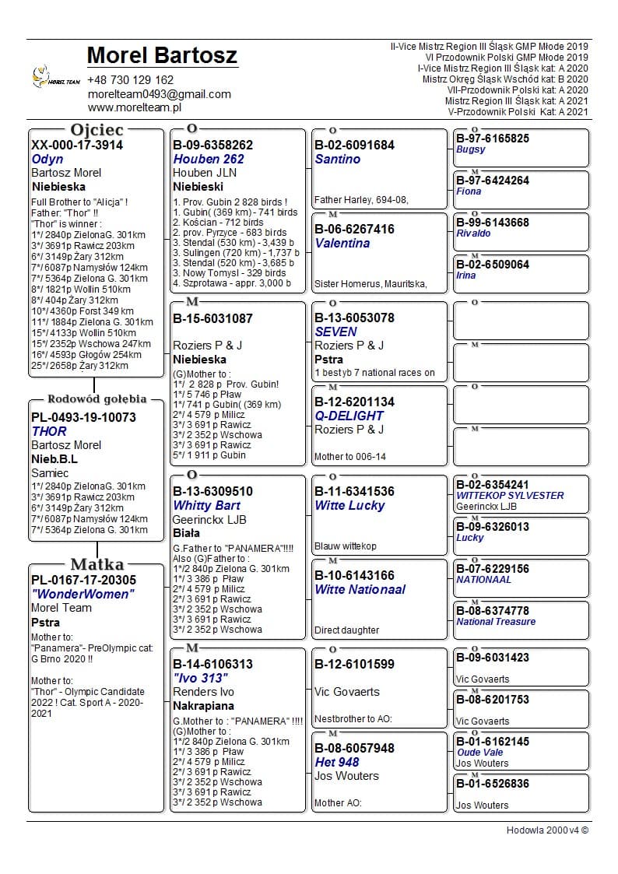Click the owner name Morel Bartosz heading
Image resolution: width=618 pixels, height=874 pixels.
click(x=162, y=56)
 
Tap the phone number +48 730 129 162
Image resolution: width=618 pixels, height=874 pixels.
click(x=131, y=80)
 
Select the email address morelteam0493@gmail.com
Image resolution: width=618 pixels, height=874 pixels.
click(x=159, y=94)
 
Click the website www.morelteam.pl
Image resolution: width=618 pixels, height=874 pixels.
click(x=134, y=107)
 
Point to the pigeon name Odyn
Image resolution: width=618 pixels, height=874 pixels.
click(x=47, y=159)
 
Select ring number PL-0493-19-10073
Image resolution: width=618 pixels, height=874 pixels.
click(x=83, y=417)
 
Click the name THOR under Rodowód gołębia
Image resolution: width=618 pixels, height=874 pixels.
click(x=49, y=431)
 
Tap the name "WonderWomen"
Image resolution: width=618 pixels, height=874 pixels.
click(x=83, y=595)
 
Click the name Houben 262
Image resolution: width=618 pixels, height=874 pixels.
click(x=209, y=159)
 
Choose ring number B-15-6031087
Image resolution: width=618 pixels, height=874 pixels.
click(x=212, y=318)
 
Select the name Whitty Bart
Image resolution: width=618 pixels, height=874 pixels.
click(x=206, y=505)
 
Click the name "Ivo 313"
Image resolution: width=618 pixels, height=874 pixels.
click(x=200, y=678)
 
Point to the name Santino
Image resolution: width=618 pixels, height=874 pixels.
click(x=338, y=159)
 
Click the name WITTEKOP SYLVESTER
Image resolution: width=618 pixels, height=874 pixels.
click(x=510, y=496)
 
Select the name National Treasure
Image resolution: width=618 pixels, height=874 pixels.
click(x=496, y=622)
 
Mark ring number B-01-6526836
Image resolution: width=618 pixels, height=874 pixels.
click(x=493, y=784)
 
